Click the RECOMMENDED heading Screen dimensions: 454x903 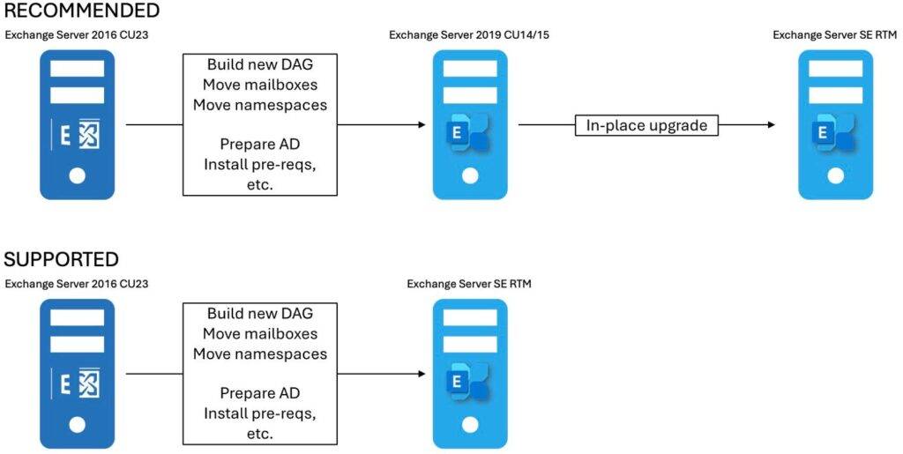pyautogui.click(x=81, y=11)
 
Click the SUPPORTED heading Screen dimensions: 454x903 pyautogui.click(x=61, y=259)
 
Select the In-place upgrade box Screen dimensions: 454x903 pyautogui.click(x=646, y=125)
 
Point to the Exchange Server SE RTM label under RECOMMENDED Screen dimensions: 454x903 pyautogui.click(x=835, y=34)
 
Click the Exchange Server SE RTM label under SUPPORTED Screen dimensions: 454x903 pyautogui.click(x=469, y=284)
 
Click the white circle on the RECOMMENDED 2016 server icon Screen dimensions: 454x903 pyautogui.click(x=78, y=175)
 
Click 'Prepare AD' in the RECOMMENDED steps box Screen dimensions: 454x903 pyautogui.click(x=259, y=145)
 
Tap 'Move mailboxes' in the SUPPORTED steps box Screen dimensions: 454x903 pyautogui.click(x=259, y=334)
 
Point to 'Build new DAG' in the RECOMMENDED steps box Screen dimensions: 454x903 pyautogui.click(x=259, y=65)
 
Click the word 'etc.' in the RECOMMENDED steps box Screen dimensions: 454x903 pyautogui.click(x=259, y=184)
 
